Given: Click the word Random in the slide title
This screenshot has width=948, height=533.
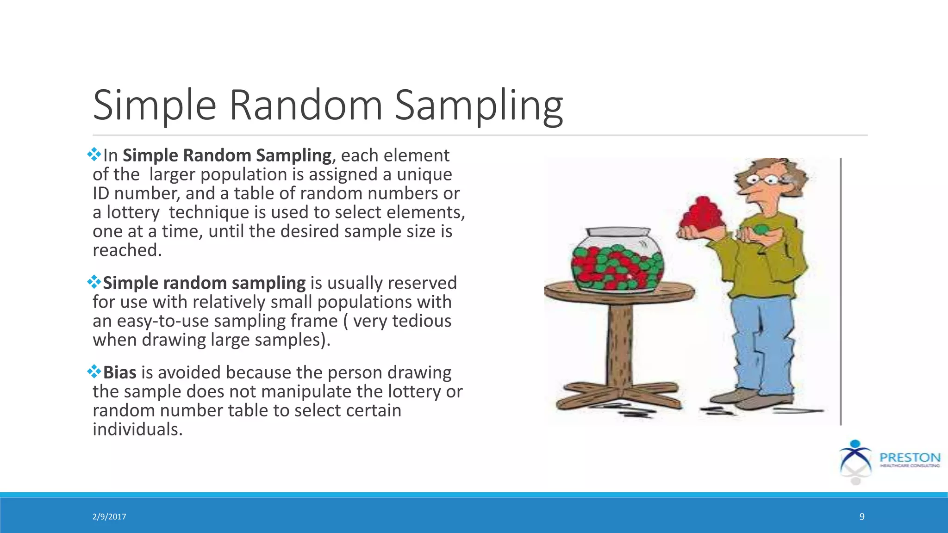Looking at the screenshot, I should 306,105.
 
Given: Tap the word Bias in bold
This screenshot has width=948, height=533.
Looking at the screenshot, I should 119,372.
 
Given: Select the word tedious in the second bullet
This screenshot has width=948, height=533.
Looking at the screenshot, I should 422,321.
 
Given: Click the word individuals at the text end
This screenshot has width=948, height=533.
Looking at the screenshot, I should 137,429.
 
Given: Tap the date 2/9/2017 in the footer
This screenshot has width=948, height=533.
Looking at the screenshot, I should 109,517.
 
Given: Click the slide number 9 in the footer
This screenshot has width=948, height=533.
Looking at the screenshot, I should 861,517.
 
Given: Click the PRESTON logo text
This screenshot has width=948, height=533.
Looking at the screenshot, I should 910,458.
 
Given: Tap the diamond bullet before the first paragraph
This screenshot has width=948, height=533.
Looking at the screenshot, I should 94,154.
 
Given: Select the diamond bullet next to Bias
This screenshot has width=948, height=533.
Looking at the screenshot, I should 94,371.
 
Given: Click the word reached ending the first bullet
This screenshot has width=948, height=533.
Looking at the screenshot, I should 127,250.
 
